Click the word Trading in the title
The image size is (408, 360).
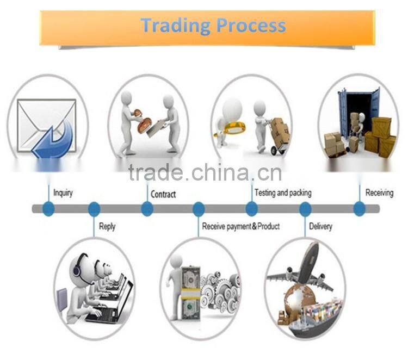(176, 26)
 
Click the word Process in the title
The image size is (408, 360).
(251, 25)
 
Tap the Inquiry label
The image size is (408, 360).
(63, 193)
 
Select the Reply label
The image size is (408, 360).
(107, 226)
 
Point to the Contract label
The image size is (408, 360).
(163, 194)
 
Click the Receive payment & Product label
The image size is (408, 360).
(241, 226)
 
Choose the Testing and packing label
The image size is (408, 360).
(283, 193)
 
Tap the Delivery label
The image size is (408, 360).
(320, 226)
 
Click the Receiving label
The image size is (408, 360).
(379, 193)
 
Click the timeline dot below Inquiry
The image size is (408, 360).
(48, 209)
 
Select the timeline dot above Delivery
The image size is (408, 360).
(305, 209)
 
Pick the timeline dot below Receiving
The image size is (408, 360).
(360, 209)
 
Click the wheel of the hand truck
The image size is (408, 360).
(274, 150)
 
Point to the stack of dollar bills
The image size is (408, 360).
(190, 294)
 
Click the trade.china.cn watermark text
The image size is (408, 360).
(205, 172)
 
